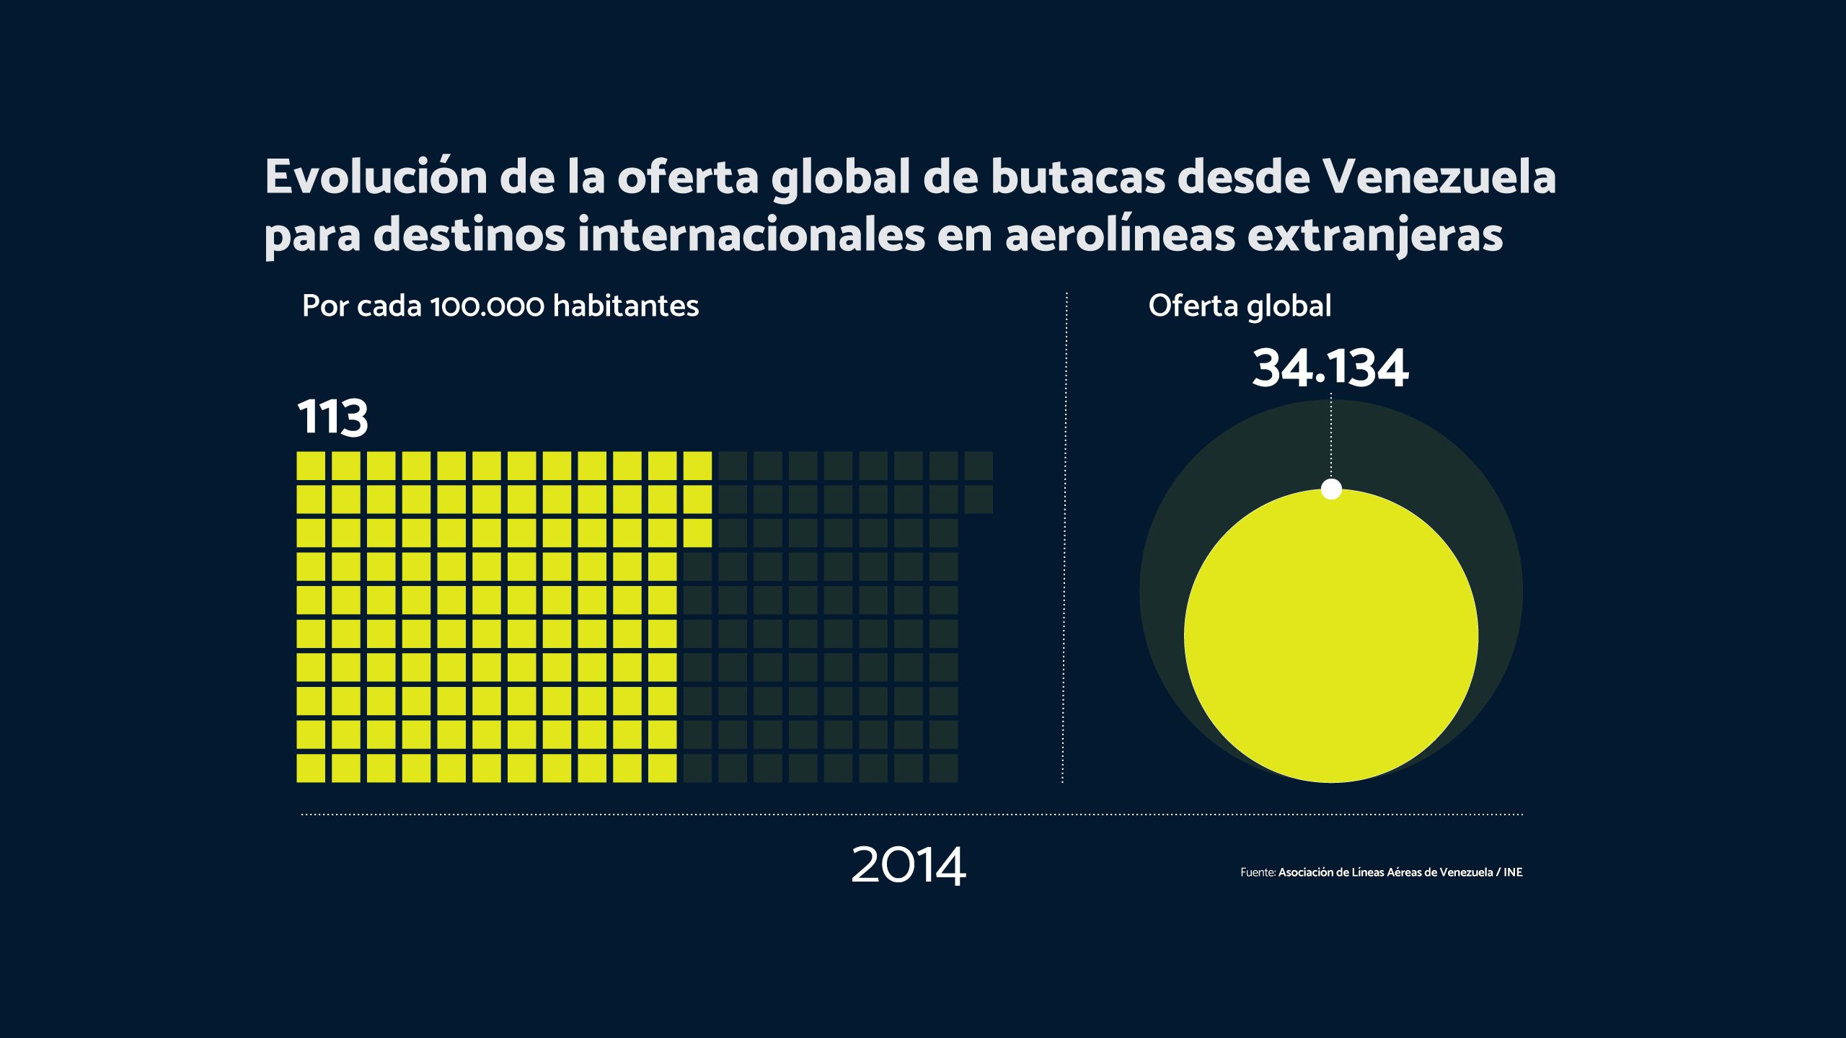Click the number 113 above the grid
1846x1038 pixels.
[x=332, y=418]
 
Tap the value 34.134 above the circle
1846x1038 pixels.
[x=1330, y=369]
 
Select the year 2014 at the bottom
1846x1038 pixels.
[x=908, y=866]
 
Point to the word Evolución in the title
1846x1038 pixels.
[x=376, y=177]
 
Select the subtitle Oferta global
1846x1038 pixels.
[x=1240, y=306]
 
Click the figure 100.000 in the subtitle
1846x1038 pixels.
[x=487, y=306]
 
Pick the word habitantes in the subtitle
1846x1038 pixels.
[x=626, y=306]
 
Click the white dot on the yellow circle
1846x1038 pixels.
[x=1331, y=489]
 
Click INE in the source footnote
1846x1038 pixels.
[x=1513, y=872]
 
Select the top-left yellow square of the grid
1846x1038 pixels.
[x=311, y=466]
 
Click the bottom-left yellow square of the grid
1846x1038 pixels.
[x=311, y=768]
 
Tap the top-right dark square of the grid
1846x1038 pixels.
[x=979, y=466]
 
